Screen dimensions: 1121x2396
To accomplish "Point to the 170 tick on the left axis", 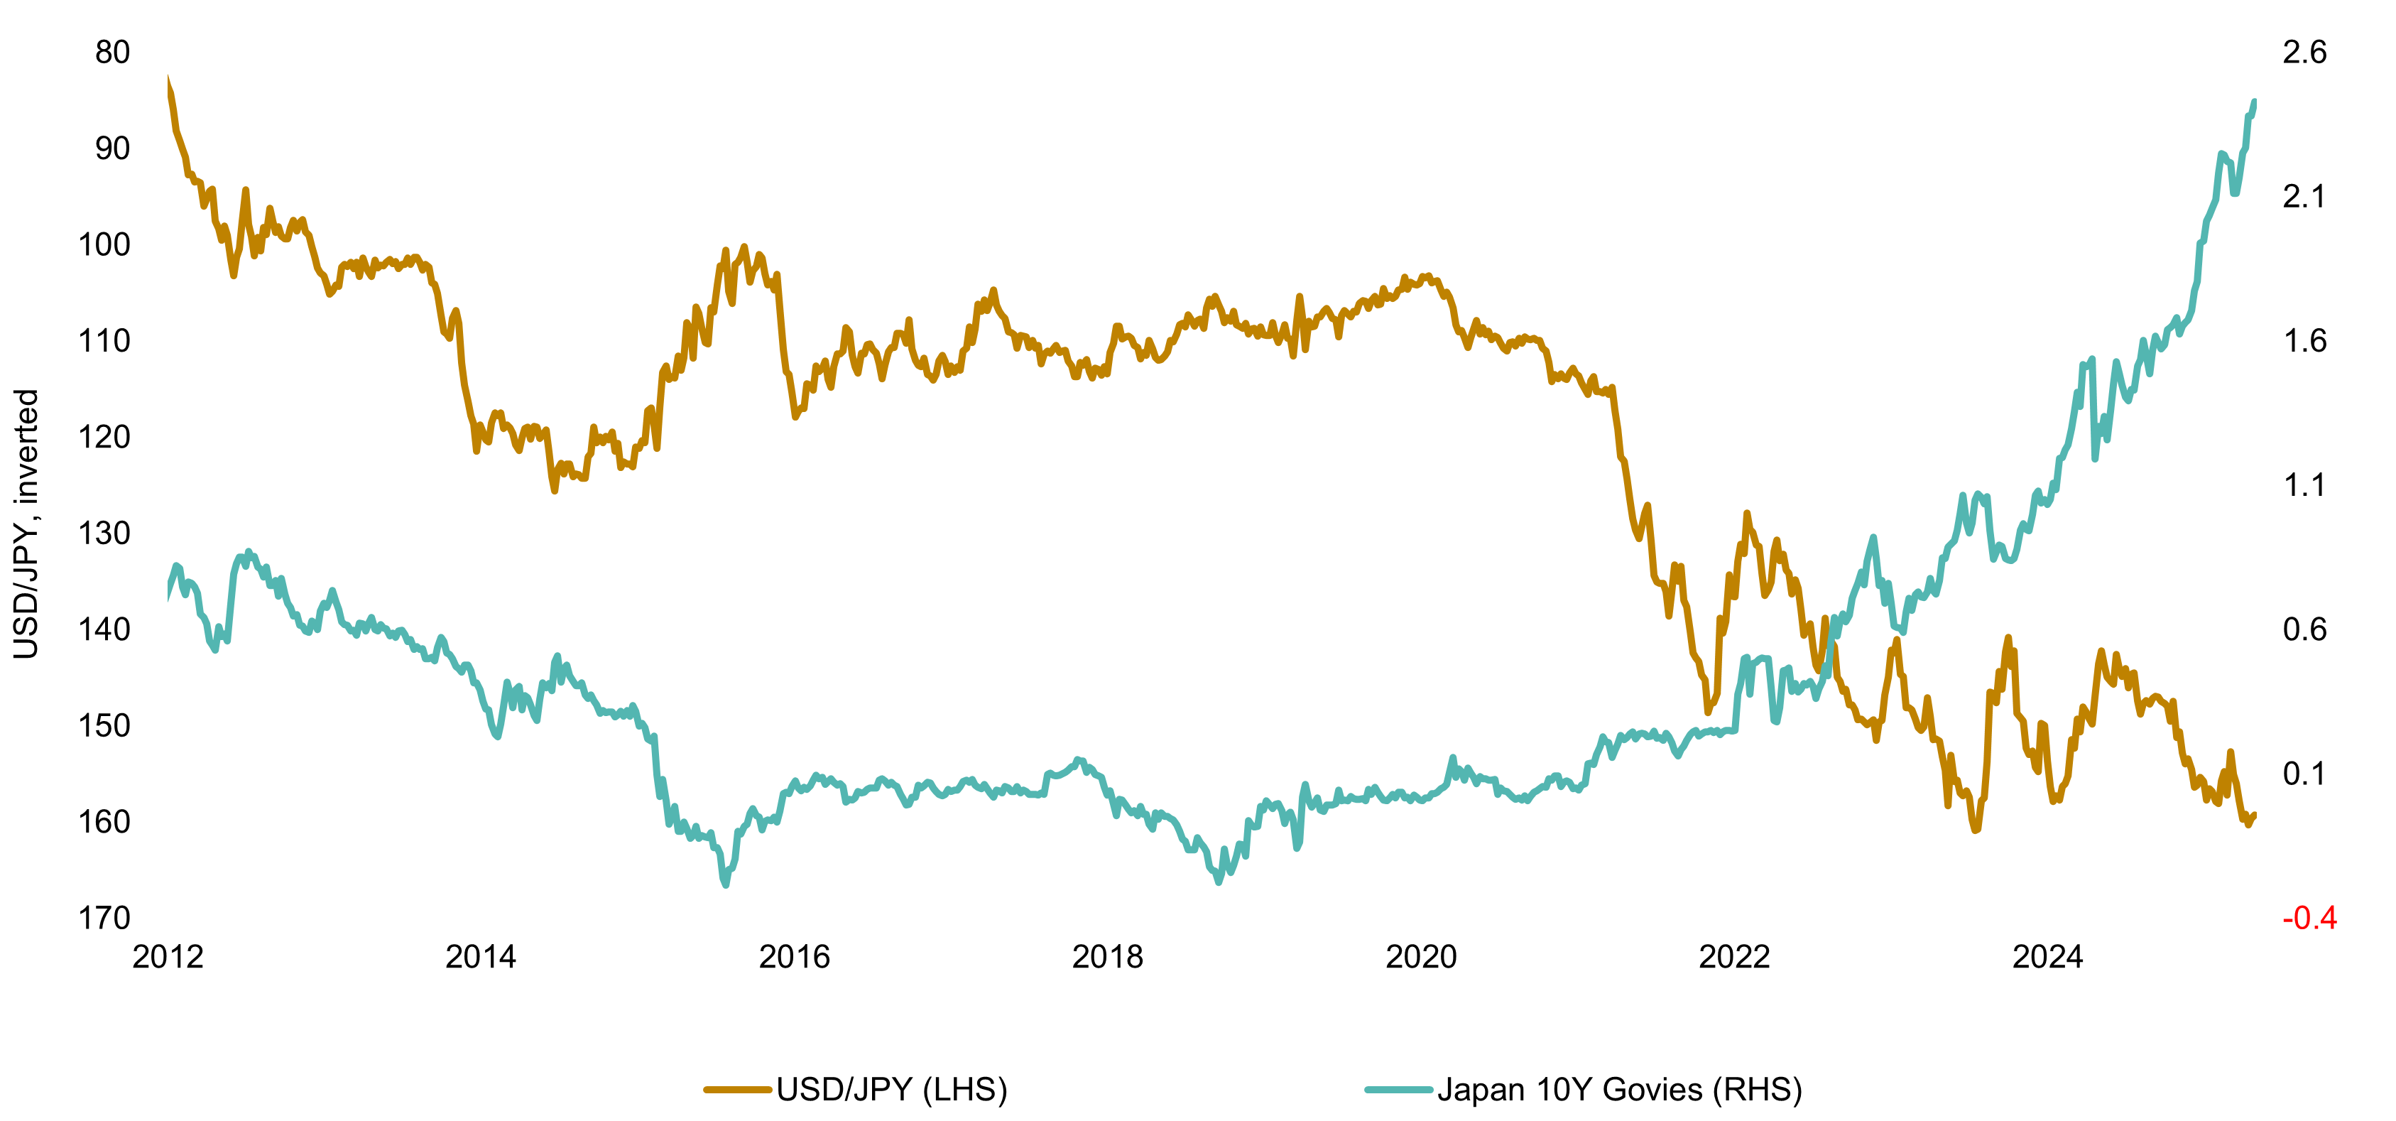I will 104,919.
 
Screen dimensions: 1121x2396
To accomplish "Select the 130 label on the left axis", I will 104,533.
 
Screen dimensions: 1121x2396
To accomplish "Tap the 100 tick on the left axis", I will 104,244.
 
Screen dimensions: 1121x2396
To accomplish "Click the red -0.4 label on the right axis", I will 2309,919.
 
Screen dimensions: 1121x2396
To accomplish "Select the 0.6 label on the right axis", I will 2304,630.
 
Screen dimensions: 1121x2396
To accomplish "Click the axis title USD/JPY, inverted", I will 26,524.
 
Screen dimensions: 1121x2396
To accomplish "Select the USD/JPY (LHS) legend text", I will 891,1089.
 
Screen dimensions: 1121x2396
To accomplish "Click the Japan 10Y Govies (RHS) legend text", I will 1619,1089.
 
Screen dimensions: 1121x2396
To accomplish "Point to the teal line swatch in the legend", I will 1398,1089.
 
